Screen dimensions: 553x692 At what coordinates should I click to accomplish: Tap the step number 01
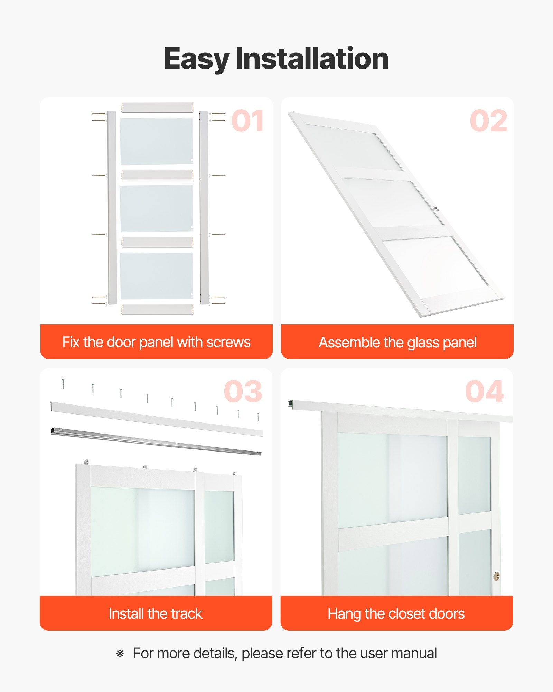[x=248, y=121]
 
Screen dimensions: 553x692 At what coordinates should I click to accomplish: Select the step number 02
[x=489, y=121]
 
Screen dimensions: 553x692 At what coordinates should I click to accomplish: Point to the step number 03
[x=243, y=392]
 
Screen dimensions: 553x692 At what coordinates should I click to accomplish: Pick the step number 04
[x=484, y=392]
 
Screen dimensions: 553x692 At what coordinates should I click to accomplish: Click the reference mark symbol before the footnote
[x=120, y=654]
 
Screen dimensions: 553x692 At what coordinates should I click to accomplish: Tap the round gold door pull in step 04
[x=497, y=576]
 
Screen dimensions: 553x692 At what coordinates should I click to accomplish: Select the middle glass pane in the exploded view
[x=157, y=209]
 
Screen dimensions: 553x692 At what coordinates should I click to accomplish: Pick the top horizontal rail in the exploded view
[x=157, y=107]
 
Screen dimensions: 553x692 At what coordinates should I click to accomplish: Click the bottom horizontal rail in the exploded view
[x=157, y=309]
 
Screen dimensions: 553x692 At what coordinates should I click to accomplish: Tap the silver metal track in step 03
[x=156, y=441]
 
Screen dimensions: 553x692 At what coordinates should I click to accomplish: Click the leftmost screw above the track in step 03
[x=63, y=384]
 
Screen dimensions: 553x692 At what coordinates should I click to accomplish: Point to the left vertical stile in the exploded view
[x=111, y=208]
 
